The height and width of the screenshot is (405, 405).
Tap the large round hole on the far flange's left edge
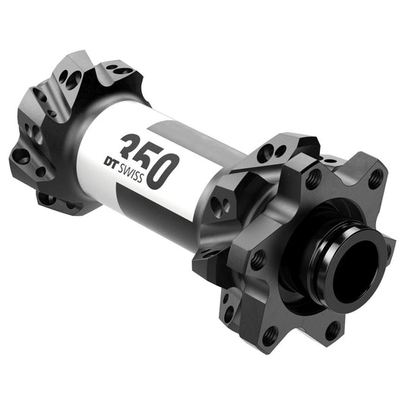(x=21, y=157)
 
